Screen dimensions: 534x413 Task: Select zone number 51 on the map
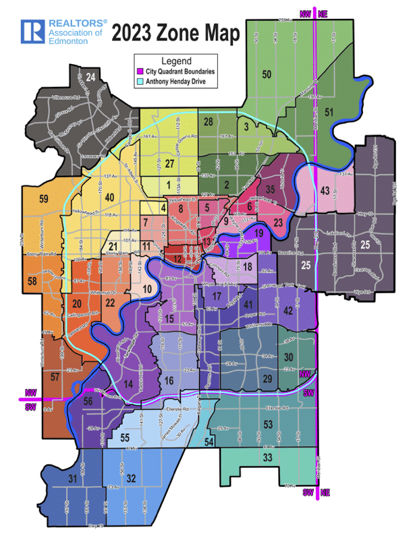click(329, 112)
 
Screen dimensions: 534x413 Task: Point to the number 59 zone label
click(44, 199)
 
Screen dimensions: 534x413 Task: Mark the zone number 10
click(148, 289)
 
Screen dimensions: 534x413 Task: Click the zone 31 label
click(72, 479)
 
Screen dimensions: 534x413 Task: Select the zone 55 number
click(124, 438)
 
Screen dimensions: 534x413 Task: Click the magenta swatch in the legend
click(140, 71)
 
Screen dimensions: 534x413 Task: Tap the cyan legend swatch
click(140, 81)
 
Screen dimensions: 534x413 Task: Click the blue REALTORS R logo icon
click(32, 31)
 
